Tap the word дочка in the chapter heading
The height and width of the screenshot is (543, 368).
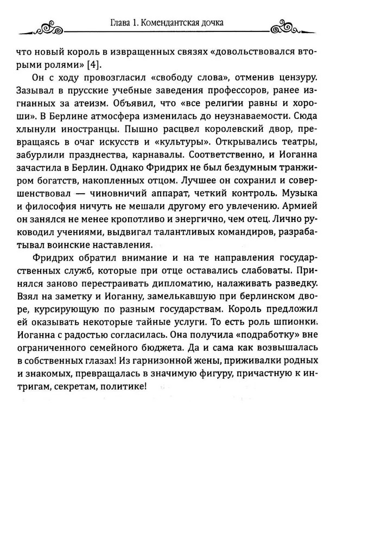pos(212,22)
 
